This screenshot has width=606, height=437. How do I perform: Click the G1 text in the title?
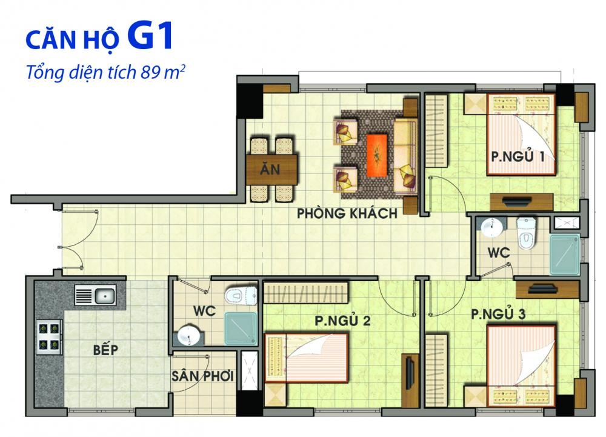click(x=149, y=36)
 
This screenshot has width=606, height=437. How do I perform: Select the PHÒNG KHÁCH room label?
click(x=347, y=213)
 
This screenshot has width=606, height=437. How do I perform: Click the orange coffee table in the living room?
click(x=376, y=155)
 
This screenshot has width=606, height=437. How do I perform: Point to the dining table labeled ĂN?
click(x=271, y=169)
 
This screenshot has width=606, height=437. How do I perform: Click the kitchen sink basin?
click(x=105, y=296)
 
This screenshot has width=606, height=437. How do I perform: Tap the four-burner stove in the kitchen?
click(x=49, y=336)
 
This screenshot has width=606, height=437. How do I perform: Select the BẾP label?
click(x=105, y=350)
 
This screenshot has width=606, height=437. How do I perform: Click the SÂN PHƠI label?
click(x=202, y=376)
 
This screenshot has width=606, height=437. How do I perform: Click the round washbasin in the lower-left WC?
click(x=189, y=336)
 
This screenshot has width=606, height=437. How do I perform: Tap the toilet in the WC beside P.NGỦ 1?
click(x=527, y=233)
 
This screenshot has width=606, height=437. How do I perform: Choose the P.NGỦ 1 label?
click(x=518, y=156)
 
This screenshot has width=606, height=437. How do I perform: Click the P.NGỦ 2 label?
click(x=342, y=321)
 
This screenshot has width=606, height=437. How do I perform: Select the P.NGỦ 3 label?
click(x=498, y=314)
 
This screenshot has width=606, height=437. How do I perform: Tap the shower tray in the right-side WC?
click(x=565, y=255)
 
